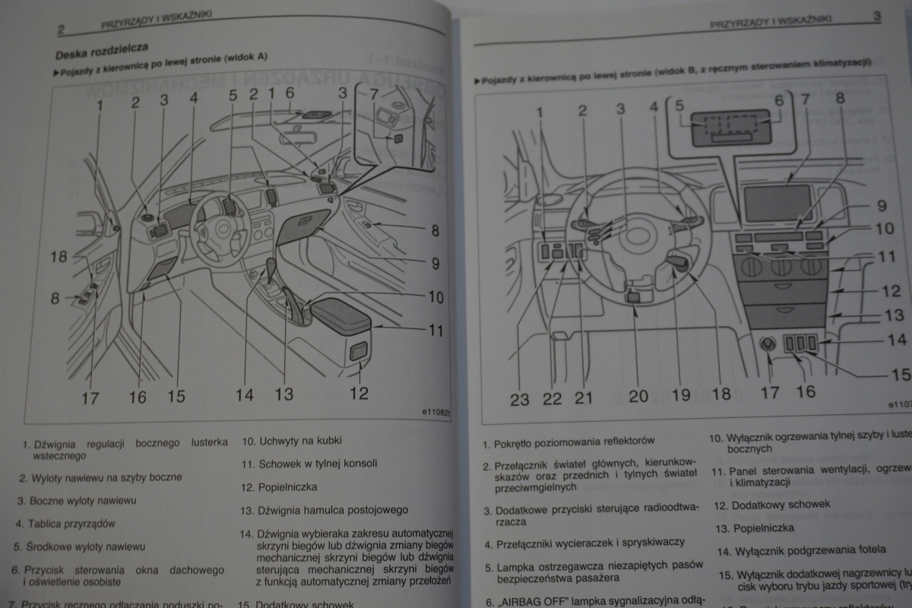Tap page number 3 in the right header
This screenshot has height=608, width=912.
click(x=876, y=15)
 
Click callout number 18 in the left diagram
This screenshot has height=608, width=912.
click(x=59, y=257)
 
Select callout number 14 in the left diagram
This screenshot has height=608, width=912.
click(x=245, y=394)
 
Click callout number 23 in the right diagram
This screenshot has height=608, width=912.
click(x=520, y=397)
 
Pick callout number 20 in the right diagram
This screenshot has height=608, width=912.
click(x=638, y=395)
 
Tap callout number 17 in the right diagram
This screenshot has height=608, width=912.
click(x=770, y=393)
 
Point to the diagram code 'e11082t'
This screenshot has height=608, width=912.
click(x=436, y=413)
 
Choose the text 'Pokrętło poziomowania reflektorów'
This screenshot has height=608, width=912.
click(x=573, y=441)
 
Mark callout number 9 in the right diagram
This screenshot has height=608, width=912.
click(x=880, y=206)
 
